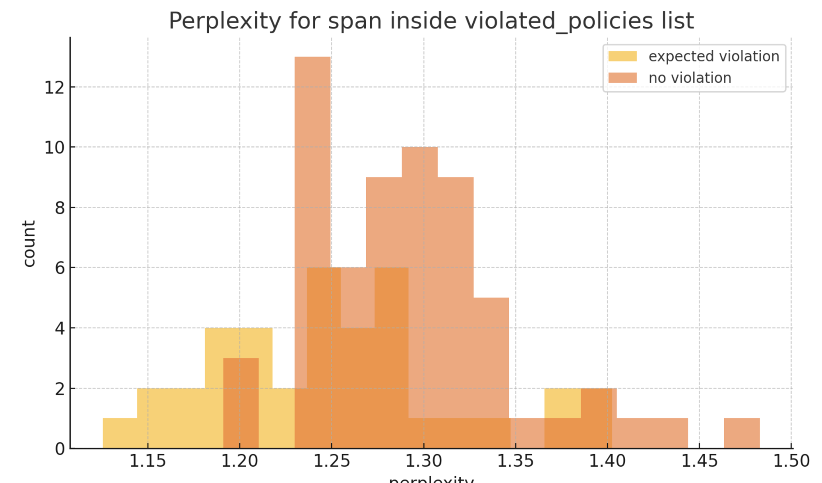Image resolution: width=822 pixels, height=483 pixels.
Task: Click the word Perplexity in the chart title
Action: [x=224, y=21]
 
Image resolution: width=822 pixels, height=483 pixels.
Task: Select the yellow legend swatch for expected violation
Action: [x=622, y=56]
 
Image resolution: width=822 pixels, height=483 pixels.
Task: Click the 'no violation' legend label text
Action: [x=690, y=78]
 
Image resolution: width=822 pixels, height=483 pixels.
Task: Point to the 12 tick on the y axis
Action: [x=54, y=88]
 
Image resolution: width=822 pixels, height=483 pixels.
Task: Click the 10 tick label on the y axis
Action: [x=54, y=148]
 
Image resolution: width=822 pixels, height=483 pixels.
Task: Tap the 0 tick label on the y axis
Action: [x=60, y=449]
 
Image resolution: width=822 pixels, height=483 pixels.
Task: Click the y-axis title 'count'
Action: [x=29, y=243]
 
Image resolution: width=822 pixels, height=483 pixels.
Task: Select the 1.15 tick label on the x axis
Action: [x=148, y=461]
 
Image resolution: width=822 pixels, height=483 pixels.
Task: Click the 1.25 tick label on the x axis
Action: [x=332, y=461]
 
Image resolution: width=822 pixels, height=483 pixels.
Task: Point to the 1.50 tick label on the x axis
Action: [x=791, y=461]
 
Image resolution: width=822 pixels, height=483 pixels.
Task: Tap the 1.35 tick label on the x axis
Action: [x=515, y=461]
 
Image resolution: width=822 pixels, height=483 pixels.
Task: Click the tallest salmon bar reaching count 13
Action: [x=312, y=164]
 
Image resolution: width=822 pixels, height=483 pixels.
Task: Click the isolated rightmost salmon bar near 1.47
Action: [x=741, y=433]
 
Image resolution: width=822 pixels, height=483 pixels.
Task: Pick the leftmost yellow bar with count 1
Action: [x=120, y=433]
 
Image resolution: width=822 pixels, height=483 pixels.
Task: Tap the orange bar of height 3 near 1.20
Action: [x=241, y=403]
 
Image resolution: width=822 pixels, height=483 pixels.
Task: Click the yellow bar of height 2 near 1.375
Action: [x=562, y=403]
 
